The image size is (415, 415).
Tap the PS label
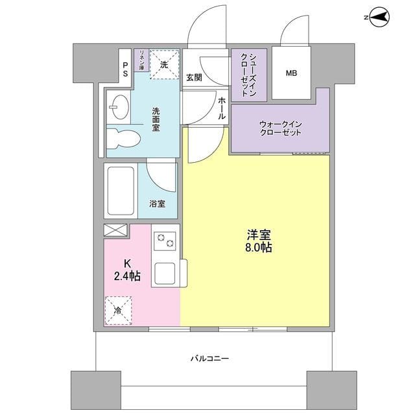coord(125,69)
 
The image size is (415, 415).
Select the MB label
coord(291,73)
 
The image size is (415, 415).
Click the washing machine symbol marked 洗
coord(164,65)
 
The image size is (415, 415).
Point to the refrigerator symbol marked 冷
coord(118,310)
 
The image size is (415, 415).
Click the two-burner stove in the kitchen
coord(165,241)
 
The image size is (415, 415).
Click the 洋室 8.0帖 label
coord(258,240)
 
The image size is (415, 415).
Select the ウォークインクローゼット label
coord(281,128)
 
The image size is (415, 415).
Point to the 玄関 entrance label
coord(193,78)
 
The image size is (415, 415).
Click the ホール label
coord(222,108)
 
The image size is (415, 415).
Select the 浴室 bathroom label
coord(157,204)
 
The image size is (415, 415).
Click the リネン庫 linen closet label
coord(141,60)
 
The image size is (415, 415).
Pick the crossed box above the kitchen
coord(117,230)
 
